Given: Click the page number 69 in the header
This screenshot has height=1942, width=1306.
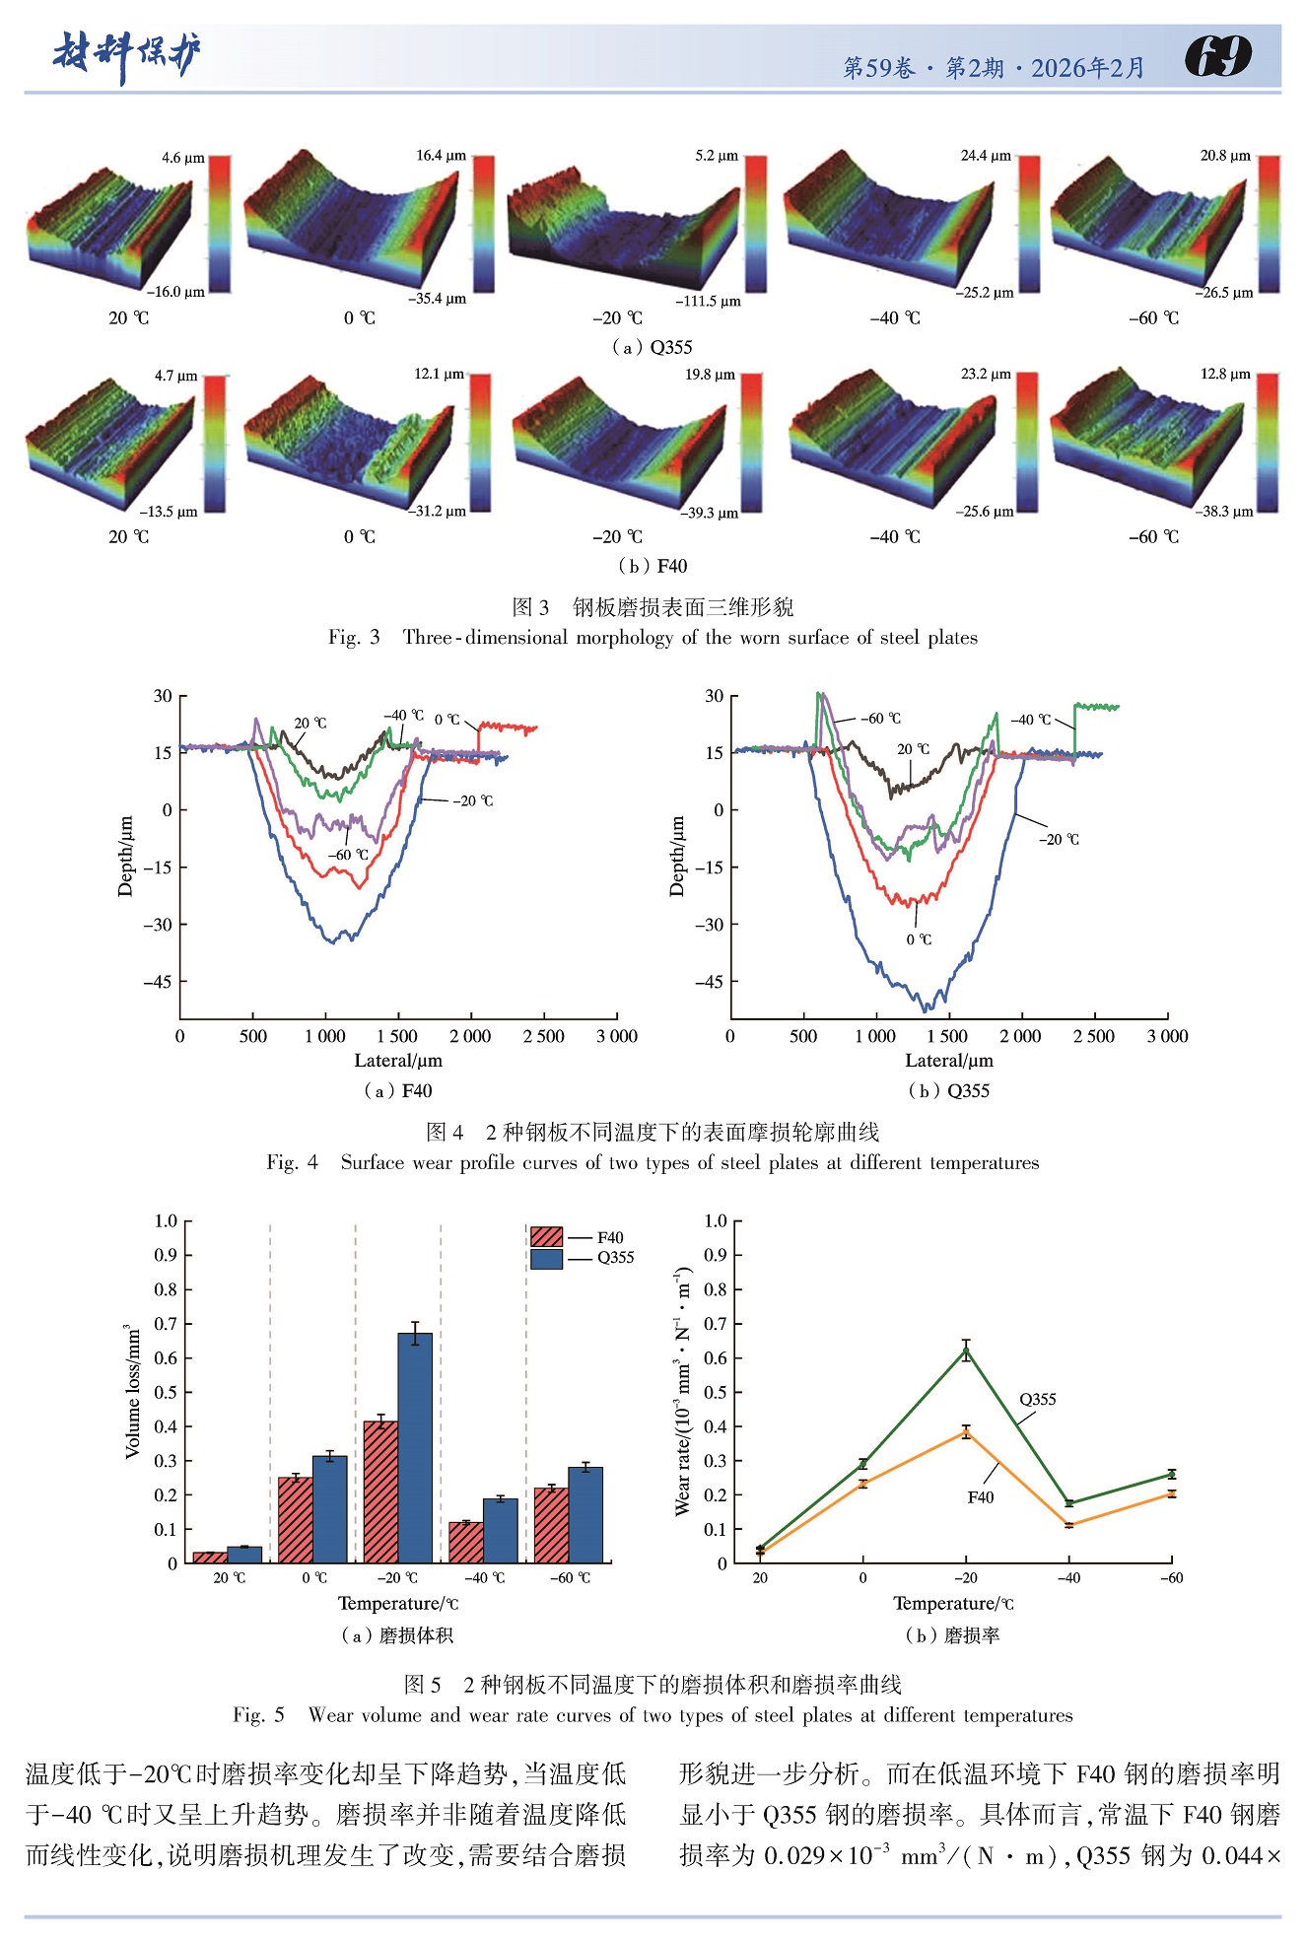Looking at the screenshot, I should tap(1218, 56).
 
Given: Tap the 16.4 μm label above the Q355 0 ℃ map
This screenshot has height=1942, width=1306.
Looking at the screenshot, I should tap(441, 156).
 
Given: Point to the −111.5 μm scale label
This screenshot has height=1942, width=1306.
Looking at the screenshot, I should tap(708, 302).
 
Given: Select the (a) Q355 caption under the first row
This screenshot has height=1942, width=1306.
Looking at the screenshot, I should tap(652, 347).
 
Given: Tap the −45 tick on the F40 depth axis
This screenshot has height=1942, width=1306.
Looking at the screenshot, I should tap(158, 982).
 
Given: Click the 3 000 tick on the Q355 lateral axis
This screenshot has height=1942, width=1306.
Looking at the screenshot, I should tap(1167, 1036).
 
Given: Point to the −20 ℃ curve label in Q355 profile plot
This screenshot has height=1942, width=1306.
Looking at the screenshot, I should tap(1059, 840).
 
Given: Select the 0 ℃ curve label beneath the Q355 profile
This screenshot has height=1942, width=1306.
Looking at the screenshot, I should tap(919, 939).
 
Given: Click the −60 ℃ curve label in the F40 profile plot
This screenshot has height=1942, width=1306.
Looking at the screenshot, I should tap(348, 855).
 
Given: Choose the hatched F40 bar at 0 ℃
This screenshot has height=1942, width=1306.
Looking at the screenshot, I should tap(295, 1519).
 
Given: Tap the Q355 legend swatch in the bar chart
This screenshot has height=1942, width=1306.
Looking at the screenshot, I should tap(546, 1258).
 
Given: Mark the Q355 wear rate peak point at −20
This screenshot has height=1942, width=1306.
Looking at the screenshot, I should tap(966, 1352).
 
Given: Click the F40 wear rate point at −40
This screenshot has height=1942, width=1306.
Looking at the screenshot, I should tap(1068, 1525).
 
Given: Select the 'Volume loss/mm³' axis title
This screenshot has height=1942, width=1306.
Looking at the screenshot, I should tap(133, 1391).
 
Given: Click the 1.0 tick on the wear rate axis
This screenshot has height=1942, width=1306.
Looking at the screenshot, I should tap(716, 1221).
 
